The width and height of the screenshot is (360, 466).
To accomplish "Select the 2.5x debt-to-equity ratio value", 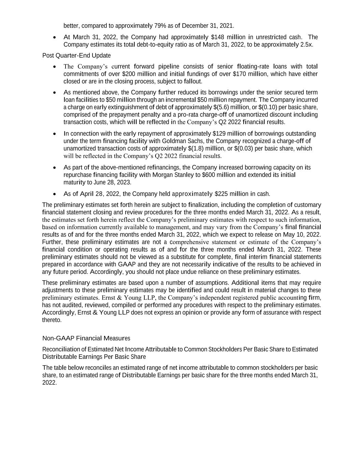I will pos(306,45).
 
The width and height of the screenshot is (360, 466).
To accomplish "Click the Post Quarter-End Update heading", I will pos(76,55).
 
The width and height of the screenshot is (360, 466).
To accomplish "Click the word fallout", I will pos(193,82).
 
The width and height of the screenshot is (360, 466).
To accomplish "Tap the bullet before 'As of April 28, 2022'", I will pos(55,194).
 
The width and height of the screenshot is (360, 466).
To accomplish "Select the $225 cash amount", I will pos(221,194).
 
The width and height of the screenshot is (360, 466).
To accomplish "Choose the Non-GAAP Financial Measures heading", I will pos(86,338).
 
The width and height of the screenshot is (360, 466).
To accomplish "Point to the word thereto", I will pos(52,320).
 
